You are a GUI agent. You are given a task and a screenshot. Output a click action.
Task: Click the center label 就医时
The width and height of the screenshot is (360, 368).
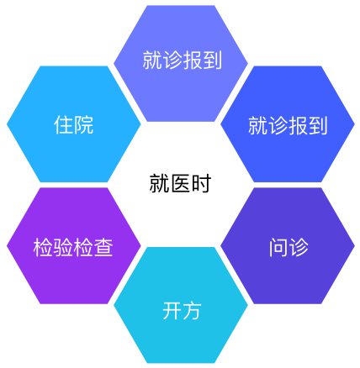(x=180, y=183)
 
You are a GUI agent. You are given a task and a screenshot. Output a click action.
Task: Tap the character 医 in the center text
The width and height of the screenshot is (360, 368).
(x=180, y=183)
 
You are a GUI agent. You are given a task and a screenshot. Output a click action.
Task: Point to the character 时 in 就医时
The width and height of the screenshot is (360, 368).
(x=201, y=183)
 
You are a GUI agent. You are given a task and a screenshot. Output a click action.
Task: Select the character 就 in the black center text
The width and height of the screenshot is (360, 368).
(x=159, y=183)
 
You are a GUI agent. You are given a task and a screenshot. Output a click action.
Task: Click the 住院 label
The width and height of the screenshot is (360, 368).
(x=74, y=124)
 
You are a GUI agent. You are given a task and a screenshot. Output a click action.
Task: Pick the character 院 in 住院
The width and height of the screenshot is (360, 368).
(x=84, y=124)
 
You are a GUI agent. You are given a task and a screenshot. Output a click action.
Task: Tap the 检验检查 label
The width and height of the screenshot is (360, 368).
(x=73, y=247)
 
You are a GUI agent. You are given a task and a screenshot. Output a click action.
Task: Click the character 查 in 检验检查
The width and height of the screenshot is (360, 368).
(x=103, y=247)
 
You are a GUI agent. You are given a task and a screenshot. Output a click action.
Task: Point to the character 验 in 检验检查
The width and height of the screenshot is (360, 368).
(x=63, y=247)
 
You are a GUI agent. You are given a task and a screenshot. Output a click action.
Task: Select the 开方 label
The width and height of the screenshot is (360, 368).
(x=182, y=310)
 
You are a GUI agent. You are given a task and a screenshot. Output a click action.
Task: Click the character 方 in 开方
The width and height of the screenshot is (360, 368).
(x=192, y=310)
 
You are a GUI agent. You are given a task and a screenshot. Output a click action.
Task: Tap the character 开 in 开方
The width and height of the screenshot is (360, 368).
(x=172, y=310)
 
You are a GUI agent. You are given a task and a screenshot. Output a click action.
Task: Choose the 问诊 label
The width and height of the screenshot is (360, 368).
(x=289, y=247)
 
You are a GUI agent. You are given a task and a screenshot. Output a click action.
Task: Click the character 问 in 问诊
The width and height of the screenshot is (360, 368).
(x=278, y=247)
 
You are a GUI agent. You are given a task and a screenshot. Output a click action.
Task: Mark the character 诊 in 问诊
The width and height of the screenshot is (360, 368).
(x=299, y=247)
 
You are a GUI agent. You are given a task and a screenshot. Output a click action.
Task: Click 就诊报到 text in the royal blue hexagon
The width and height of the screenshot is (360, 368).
(x=288, y=126)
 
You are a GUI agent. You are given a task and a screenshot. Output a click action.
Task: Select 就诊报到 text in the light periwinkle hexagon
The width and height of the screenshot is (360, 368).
(x=183, y=60)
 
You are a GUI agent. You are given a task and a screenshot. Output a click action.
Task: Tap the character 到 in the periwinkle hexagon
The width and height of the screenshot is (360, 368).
(x=212, y=60)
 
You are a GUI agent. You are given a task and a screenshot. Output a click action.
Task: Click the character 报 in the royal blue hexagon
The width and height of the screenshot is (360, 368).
(x=298, y=126)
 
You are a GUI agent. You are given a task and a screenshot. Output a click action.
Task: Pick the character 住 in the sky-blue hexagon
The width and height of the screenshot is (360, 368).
(x=64, y=124)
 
